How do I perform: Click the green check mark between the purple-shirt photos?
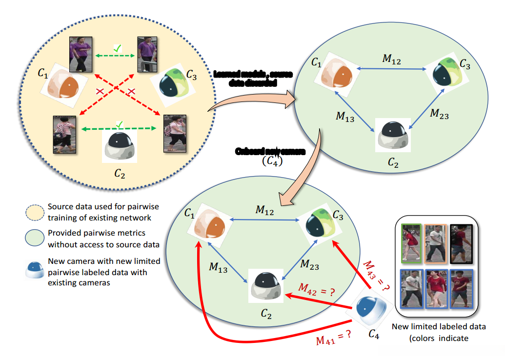(117, 48)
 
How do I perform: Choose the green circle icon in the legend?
(35, 238)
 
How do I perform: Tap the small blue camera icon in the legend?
(35, 267)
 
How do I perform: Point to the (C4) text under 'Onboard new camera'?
(270, 163)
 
